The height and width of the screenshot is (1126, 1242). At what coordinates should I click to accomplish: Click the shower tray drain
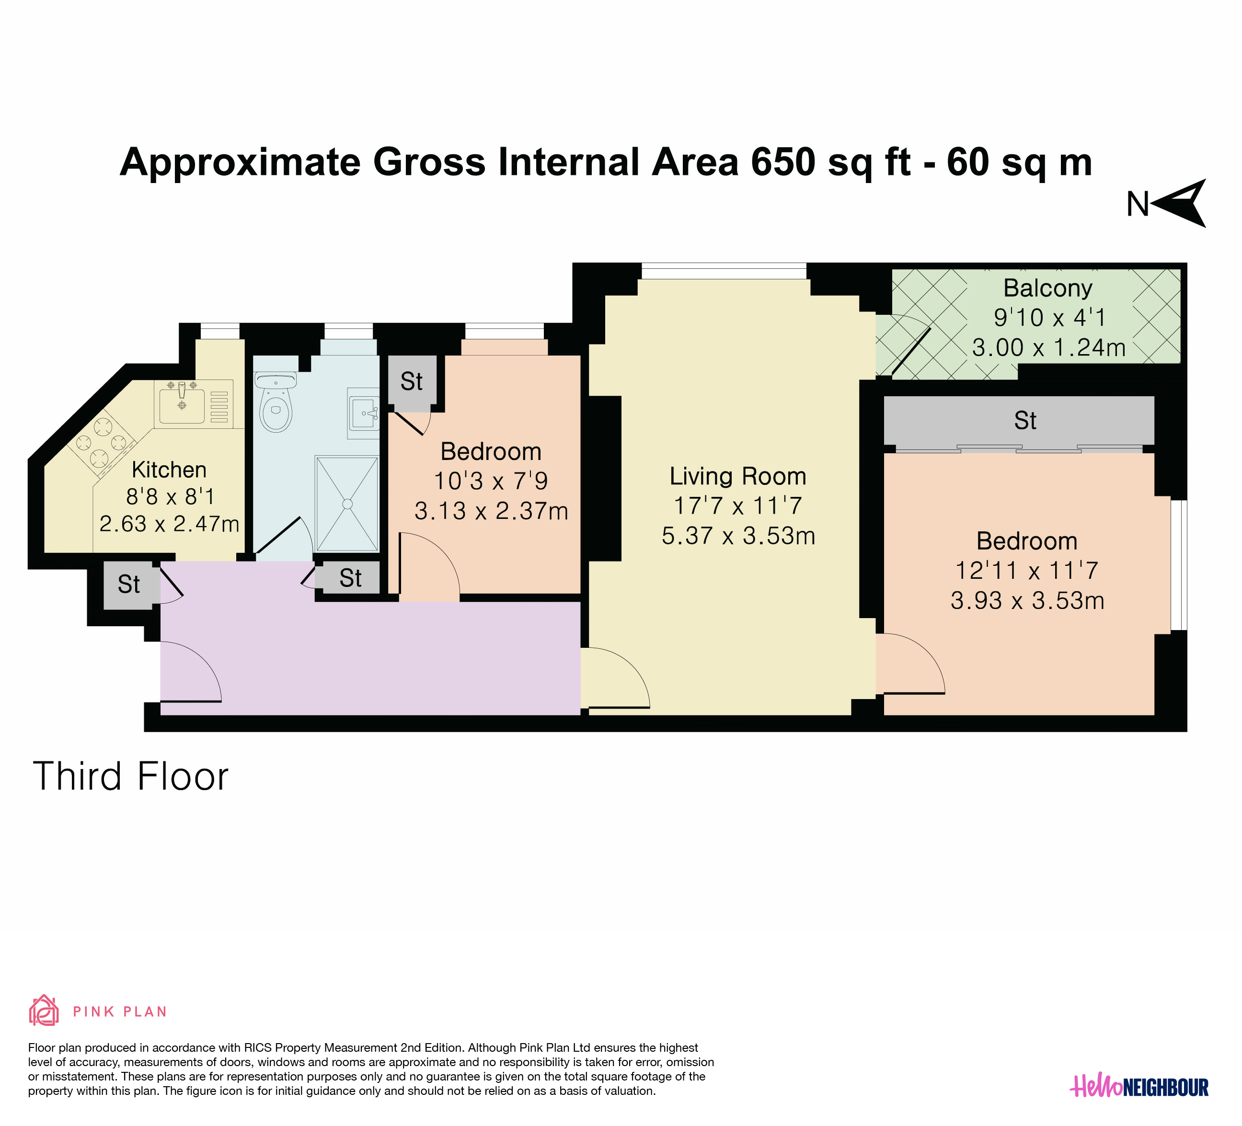tap(347, 504)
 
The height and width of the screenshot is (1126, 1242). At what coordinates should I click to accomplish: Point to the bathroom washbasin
tap(364, 413)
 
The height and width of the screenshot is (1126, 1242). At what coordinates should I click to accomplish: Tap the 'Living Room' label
tap(738, 476)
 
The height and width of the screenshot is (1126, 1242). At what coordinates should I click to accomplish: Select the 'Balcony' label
tap(1048, 288)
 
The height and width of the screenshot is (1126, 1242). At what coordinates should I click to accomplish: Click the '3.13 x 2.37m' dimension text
tap(491, 511)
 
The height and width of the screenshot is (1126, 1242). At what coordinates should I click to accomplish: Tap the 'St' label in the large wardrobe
tap(1025, 421)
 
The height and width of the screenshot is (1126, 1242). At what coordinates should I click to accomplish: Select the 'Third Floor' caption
tap(131, 776)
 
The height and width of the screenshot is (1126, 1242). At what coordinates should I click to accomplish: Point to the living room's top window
tap(724, 271)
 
